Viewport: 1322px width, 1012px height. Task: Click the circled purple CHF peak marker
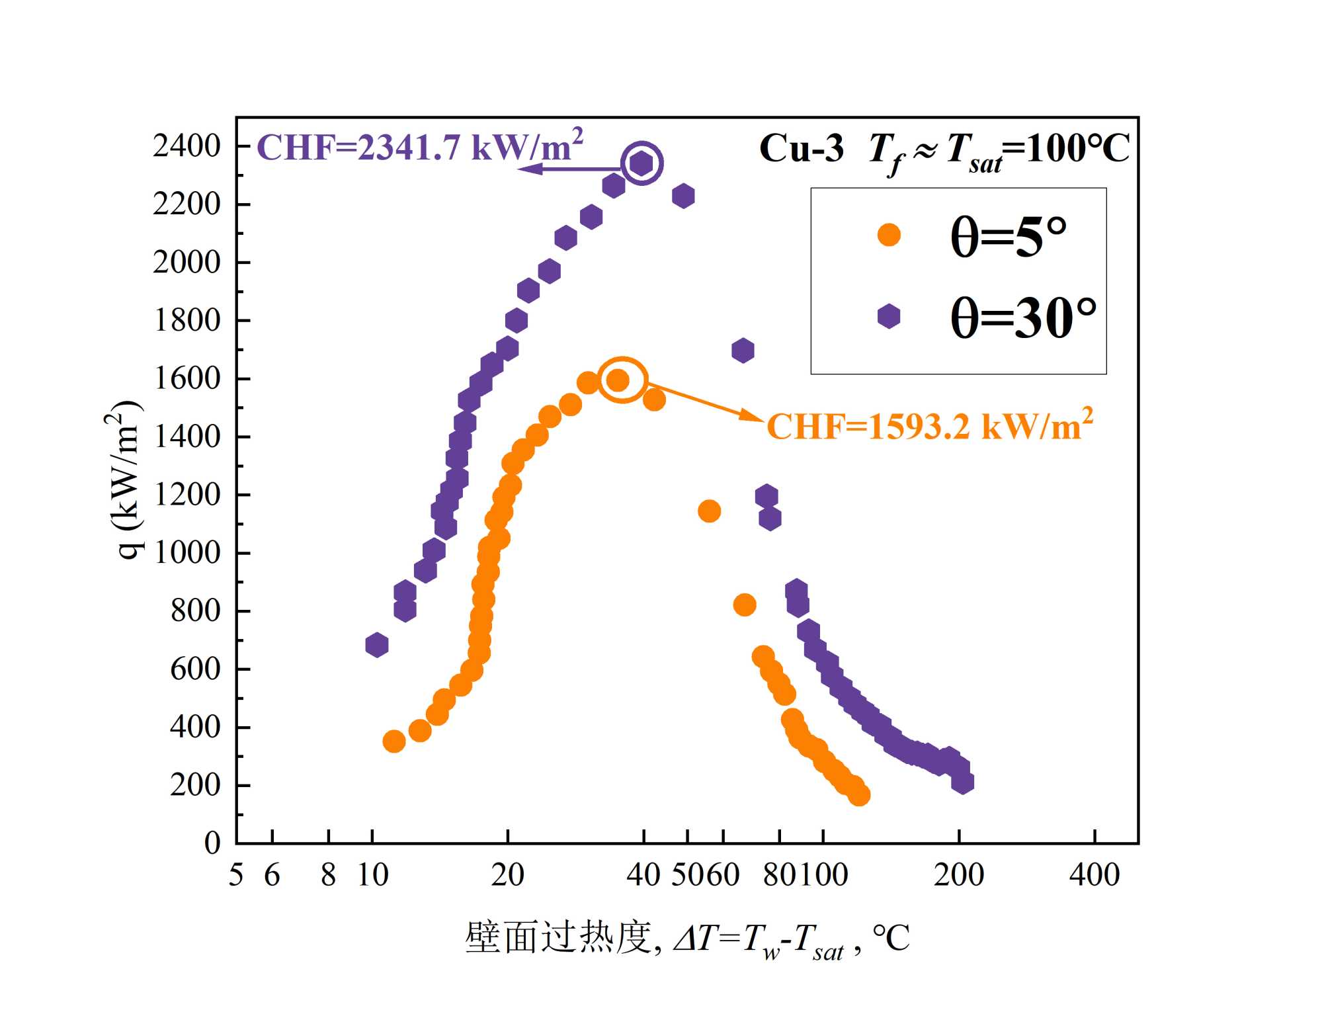(x=641, y=163)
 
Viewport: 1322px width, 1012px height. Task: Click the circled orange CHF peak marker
(x=618, y=380)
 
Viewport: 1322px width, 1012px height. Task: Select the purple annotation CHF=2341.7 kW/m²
(x=420, y=146)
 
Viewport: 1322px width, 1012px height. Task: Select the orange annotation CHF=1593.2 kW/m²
(x=929, y=425)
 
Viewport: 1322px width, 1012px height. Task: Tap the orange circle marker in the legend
(x=889, y=234)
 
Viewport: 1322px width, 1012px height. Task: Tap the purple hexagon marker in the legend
(x=889, y=316)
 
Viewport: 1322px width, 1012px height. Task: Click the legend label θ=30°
(x=1022, y=317)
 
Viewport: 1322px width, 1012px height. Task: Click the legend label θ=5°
(x=1009, y=236)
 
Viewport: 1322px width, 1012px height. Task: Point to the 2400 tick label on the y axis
(x=186, y=146)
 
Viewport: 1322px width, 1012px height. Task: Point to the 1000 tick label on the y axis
(x=186, y=552)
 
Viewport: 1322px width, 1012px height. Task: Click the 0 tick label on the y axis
(x=212, y=843)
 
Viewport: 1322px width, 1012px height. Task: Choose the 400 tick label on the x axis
(x=1095, y=874)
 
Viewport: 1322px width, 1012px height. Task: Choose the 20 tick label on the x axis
(x=507, y=874)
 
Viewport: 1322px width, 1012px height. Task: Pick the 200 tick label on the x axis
(x=958, y=874)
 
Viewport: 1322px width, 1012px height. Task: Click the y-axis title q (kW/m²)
(x=124, y=480)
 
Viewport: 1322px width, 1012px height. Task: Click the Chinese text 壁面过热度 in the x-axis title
(x=559, y=937)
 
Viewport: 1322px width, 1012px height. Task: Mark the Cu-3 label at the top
(x=801, y=148)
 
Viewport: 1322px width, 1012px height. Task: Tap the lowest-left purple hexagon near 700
(x=376, y=644)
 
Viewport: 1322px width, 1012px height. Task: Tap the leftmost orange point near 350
(x=394, y=741)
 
